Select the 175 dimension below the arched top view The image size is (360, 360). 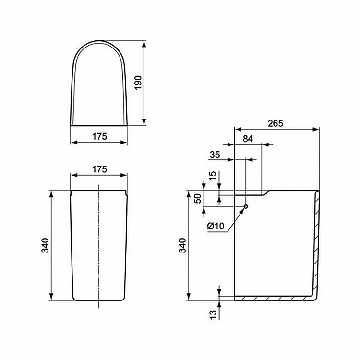(98, 136)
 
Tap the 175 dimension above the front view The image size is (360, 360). (98, 169)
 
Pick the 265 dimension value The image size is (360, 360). (276, 123)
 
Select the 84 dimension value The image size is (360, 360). (248, 139)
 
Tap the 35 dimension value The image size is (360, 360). (215, 155)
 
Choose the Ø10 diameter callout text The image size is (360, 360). (215, 226)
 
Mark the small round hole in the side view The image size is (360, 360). (246, 207)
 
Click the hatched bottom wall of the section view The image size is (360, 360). (274, 298)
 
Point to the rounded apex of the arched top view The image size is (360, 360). (99, 39)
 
